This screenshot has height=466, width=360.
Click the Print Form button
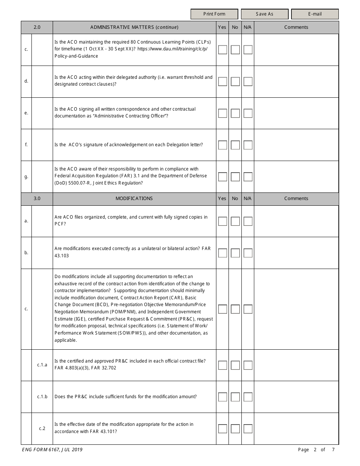[x=214, y=14]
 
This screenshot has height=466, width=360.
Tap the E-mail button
[x=315, y=14]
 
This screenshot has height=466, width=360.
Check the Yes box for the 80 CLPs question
[x=222, y=50]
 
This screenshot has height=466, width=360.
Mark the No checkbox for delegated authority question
[x=235, y=81]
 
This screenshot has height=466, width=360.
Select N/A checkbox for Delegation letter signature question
[x=248, y=145]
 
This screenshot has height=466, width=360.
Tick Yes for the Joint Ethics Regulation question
[x=222, y=177]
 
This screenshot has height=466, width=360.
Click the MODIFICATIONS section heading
[x=134, y=199]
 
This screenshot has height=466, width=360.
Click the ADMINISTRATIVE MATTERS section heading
[x=134, y=27]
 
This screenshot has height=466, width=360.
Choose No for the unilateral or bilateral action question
[x=235, y=253]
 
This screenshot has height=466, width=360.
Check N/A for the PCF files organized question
[x=248, y=221]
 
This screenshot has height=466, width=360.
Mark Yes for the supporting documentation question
[x=222, y=309]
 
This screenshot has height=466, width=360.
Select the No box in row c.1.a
[x=235, y=365]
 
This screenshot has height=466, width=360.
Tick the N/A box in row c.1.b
[x=248, y=397]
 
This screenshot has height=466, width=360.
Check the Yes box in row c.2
[x=222, y=428]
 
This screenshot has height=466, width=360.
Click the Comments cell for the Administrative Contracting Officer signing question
[x=296, y=113]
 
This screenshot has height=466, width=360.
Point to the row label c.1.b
[x=42, y=397]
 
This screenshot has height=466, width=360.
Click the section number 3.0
[x=37, y=199]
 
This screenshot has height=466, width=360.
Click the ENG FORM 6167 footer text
[x=50, y=450]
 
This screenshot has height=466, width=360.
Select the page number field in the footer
[x=315, y=450]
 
